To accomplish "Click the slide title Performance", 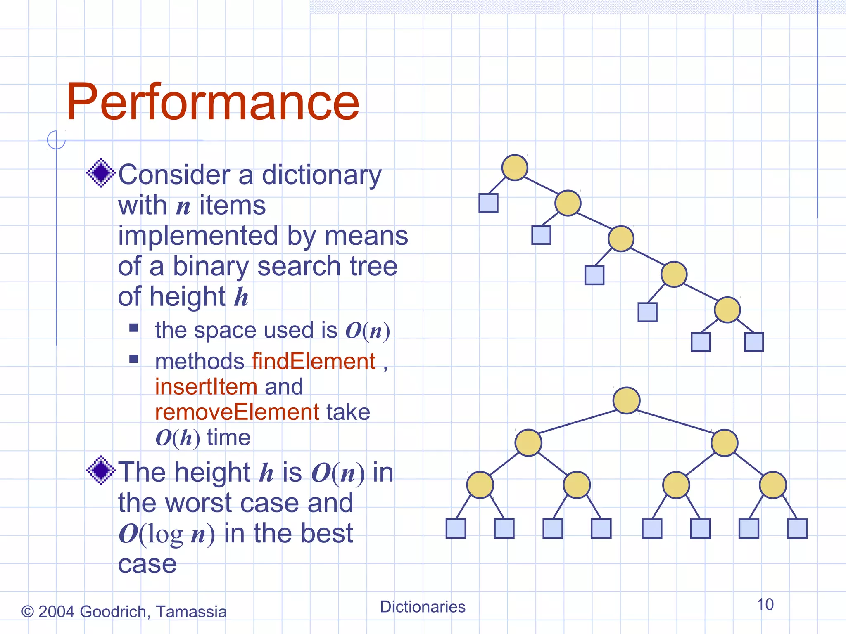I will coord(213,102).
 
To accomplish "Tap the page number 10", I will coord(765,604).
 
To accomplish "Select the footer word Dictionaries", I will coord(422,607).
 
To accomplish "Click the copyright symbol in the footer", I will coord(27,612).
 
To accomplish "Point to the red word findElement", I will coord(314,361).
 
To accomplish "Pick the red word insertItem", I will coord(206,387).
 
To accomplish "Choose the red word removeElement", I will coord(237,412).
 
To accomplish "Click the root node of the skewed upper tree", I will coord(514,168).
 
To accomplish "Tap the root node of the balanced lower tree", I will coord(626,400).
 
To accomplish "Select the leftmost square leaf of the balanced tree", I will coord(456,529).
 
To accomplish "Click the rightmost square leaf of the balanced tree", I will coord(797,529).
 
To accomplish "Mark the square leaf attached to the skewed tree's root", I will coord(488,203).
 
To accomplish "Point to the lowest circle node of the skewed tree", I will coord(727,310).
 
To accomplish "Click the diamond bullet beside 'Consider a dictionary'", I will coord(100,173).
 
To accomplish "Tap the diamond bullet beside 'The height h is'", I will coord(100,470).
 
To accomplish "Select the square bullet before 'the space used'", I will coord(133,328).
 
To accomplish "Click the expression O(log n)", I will coord(166,534).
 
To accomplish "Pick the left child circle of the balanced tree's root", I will coord(528,442).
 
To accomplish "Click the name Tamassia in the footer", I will coord(191,612).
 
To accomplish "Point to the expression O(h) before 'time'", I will coord(178,438).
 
